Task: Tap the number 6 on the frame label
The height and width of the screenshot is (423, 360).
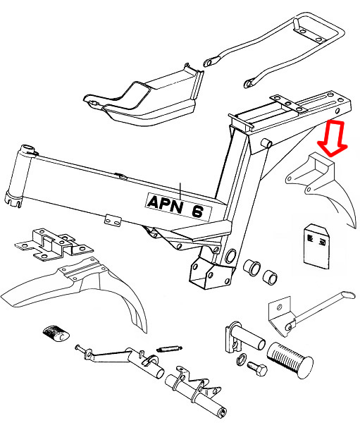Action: pyautogui.click(x=198, y=211)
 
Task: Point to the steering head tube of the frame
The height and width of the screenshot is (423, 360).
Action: pyautogui.click(x=18, y=177)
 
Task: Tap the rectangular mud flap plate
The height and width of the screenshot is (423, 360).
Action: pyautogui.click(x=316, y=247)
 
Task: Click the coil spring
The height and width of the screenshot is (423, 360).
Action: pyautogui.click(x=169, y=348)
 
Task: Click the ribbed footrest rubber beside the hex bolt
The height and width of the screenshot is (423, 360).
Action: pyautogui.click(x=290, y=360)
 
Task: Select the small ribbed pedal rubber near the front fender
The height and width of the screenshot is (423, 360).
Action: pyautogui.click(x=56, y=333)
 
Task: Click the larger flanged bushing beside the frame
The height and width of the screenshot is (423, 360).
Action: pyautogui.click(x=252, y=268)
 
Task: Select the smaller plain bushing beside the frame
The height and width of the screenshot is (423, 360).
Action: pyautogui.click(x=270, y=277)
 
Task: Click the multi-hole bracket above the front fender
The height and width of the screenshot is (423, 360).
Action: pyautogui.click(x=54, y=244)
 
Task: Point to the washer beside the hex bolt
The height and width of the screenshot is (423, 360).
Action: pyautogui.click(x=241, y=359)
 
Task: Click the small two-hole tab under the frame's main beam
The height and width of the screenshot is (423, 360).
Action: pyautogui.click(x=113, y=220)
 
